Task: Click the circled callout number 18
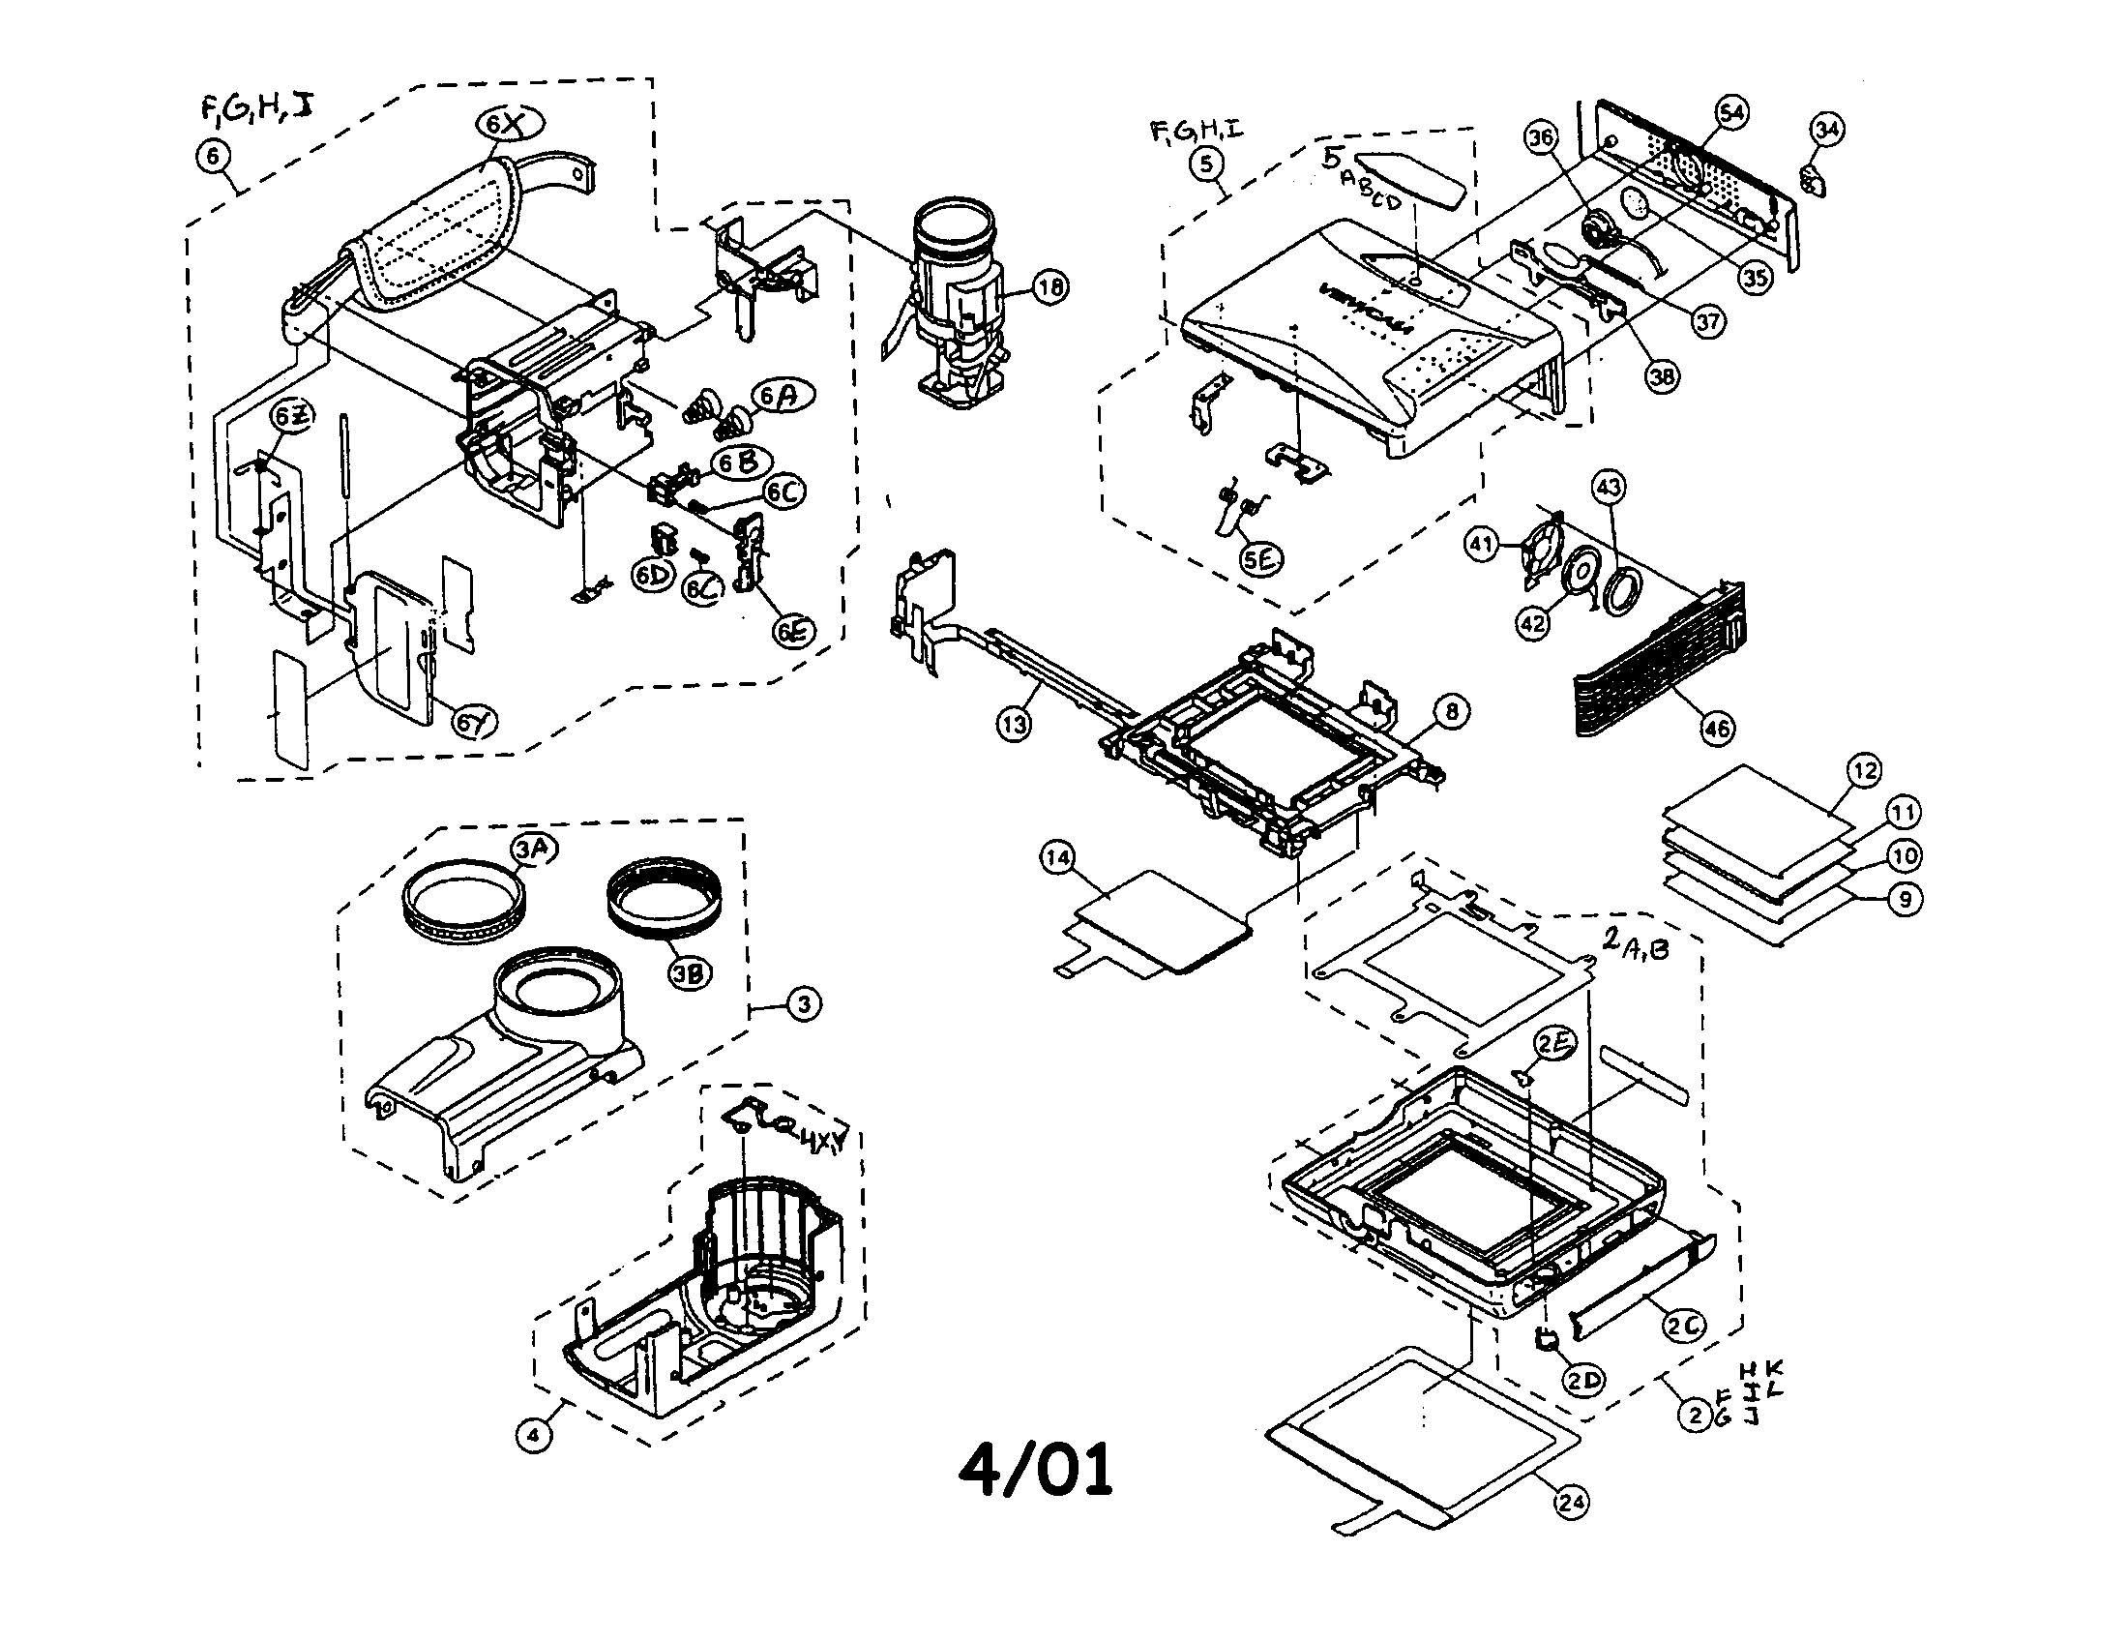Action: click(x=1049, y=286)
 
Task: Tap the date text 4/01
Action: click(x=1035, y=1471)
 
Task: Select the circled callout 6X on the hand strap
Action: click(x=509, y=124)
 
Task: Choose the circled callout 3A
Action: click(x=533, y=849)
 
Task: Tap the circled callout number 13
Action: click(x=1015, y=724)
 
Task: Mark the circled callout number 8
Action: click(x=1452, y=712)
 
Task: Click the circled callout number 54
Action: click(x=1730, y=113)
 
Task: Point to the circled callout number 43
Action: click(x=1609, y=488)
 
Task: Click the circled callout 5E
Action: click(x=1260, y=558)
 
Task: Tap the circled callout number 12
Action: click(x=1864, y=771)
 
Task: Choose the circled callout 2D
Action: click(x=1584, y=1380)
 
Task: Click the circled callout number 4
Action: click(x=533, y=1434)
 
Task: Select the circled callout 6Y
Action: click(x=474, y=722)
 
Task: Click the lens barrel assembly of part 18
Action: click(x=956, y=302)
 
